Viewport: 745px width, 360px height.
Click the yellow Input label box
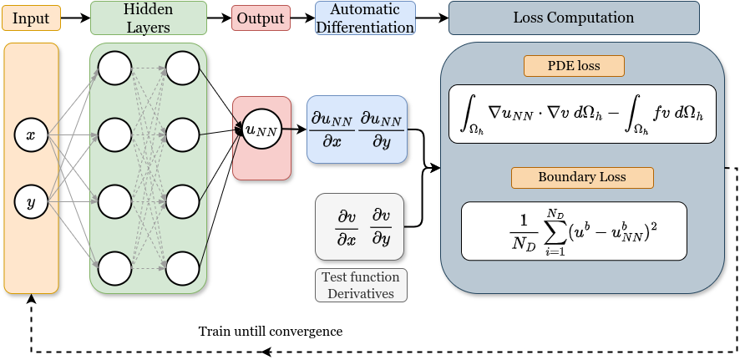pyautogui.click(x=31, y=18)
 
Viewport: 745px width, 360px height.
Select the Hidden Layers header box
pyautogui.click(x=149, y=18)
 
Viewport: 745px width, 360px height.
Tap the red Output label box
pyautogui.click(x=260, y=18)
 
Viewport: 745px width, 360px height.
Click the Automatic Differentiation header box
pyautogui.click(x=365, y=18)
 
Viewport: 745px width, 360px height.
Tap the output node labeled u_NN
pyautogui.click(x=261, y=129)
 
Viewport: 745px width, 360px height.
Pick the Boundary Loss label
pyautogui.click(x=582, y=177)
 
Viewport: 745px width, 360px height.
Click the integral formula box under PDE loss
pyautogui.click(x=582, y=114)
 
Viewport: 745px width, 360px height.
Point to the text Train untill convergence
pyautogui.click(x=271, y=331)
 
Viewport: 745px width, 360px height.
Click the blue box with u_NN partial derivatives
pyautogui.click(x=357, y=129)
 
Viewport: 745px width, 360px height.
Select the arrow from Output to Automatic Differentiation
pyautogui.click(x=302, y=18)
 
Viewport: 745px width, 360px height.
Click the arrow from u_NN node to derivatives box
pyautogui.click(x=294, y=129)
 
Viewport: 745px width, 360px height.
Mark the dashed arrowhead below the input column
pyautogui.click(x=32, y=298)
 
